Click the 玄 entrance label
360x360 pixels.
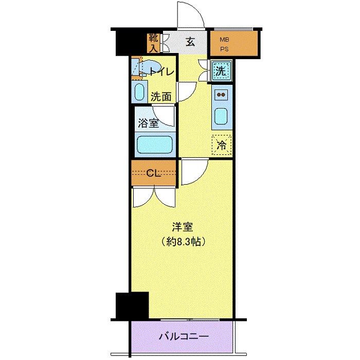coord(190,42)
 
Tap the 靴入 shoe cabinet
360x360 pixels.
coord(153,43)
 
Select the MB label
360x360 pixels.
coord(224,40)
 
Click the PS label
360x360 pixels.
coord(224,49)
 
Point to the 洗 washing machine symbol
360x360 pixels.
coord(221,71)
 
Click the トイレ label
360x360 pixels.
coord(162,72)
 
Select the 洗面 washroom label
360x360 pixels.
coord(161,97)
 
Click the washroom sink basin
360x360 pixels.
coord(139,92)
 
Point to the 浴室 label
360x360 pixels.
coord(148,123)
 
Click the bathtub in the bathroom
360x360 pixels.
coord(155,145)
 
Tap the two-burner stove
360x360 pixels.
coord(221,95)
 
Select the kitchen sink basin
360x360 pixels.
coord(221,116)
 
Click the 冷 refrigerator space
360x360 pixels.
coord(222,145)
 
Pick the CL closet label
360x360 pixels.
coord(154,173)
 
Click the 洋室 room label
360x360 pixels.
coord(183,227)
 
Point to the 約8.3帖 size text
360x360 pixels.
coord(183,242)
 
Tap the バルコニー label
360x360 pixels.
coord(184,336)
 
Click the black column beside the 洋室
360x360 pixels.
coord(132,305)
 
